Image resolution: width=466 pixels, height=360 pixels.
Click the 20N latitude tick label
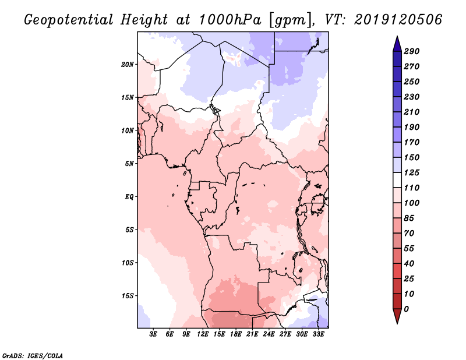coord(128,64)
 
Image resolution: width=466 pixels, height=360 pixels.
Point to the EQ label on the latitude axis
coord(129,196)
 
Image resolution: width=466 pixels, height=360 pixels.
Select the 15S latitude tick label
coord(128,295)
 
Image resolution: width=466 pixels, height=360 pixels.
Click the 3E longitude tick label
coord(154,335)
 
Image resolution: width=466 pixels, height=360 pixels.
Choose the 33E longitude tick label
coord(318,335)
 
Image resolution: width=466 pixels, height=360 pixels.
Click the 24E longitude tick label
coord(269,335)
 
